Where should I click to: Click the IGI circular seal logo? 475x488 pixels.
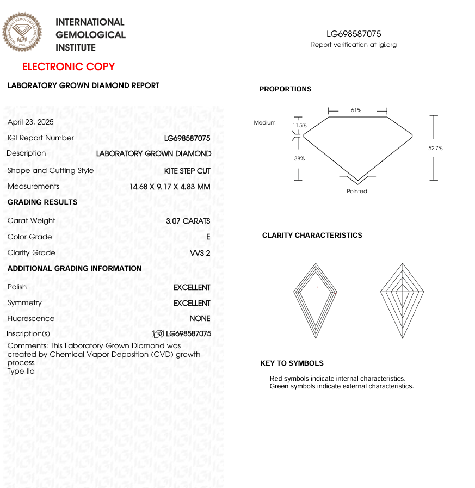(x=22, y=32)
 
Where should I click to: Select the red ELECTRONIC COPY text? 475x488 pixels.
(x=69, y=66)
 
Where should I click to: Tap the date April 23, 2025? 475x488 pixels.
(x=30, y=122)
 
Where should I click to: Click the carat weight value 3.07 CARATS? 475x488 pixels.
(x=188, y=221)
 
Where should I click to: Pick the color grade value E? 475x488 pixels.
(x=208, y=237)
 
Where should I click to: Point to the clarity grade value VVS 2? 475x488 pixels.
(x=200, y=252)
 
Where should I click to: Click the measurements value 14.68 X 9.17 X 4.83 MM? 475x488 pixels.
(x=170, y=187)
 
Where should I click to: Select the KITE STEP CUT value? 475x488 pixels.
(x=187, y=171)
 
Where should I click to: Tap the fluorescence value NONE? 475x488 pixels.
(x=200, y=318)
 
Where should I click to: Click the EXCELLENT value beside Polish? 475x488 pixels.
(x=192, y=287)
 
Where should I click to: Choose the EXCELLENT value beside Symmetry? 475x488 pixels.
(x=192, y=303)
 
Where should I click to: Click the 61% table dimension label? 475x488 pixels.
(x=356, y=110)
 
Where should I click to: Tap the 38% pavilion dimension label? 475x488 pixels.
(x=299, y=159)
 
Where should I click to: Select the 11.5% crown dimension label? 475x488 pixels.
(x=300, y=126)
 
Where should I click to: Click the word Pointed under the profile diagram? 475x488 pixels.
(x=357, y=191)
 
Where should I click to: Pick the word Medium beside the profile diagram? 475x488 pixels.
(x=264, y=123)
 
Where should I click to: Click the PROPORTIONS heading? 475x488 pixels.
(x=285, y=89)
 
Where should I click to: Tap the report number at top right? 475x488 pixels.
(x=354, y=34)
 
